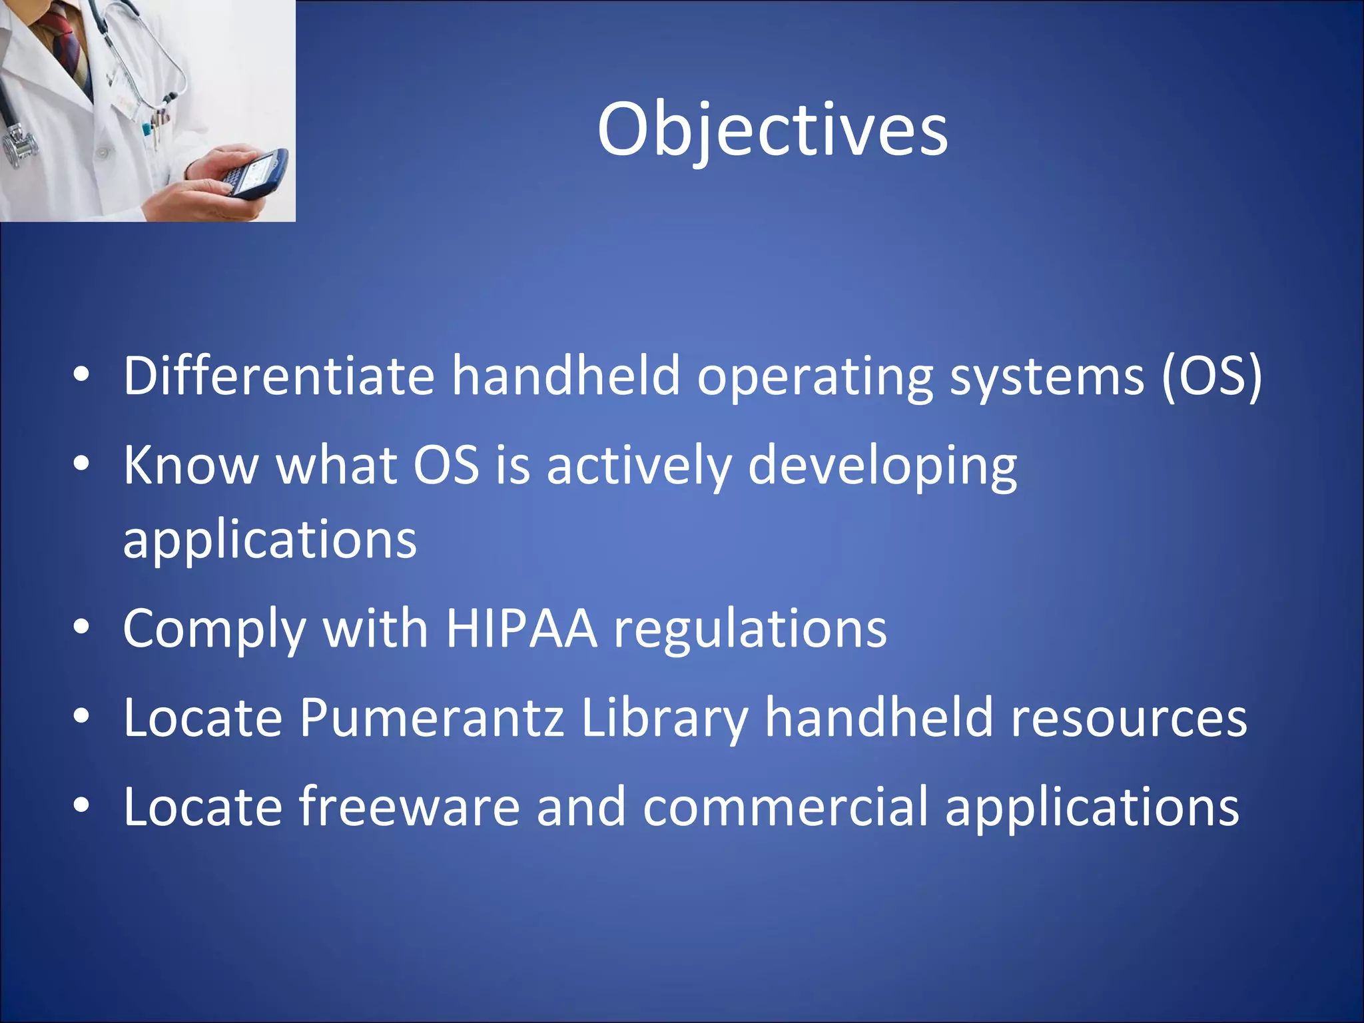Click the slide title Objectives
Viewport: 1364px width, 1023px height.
coord(772,129)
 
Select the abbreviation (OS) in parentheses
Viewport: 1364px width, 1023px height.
coord(1211,376)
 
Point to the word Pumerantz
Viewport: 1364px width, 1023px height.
coord(432,717)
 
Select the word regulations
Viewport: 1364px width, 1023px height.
coord(750,629)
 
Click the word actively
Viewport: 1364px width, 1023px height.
coord(639,465)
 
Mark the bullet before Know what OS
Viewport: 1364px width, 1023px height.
coord(81,464)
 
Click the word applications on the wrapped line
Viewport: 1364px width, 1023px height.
coord(270,539)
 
